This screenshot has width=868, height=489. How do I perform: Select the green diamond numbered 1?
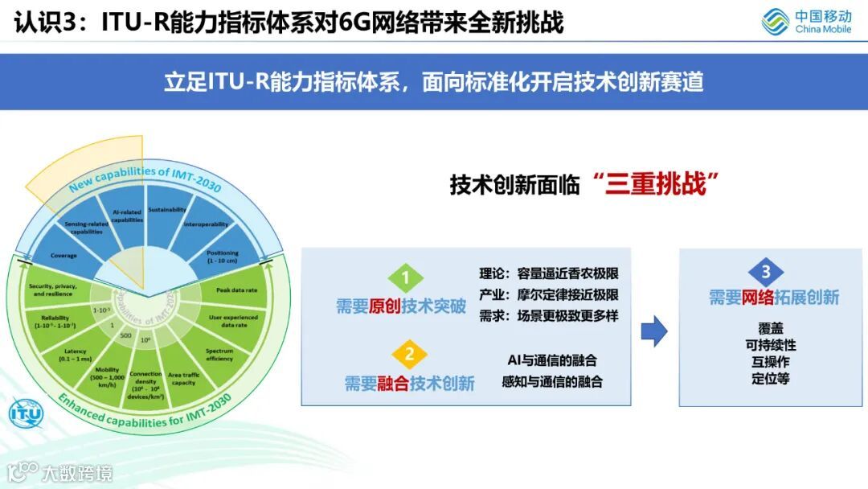[x=406, y=278]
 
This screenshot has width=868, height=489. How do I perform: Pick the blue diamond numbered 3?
[x=765, y=272]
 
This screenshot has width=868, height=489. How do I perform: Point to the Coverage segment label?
[x=63, y=255]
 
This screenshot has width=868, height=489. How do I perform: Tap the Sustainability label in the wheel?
[x=167, y=208]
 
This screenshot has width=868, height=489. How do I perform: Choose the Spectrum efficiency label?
[x=219, y=355]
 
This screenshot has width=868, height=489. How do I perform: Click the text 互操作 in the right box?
[x=770, y=361]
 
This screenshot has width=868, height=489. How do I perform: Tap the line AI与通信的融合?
[x=551, y=360]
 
